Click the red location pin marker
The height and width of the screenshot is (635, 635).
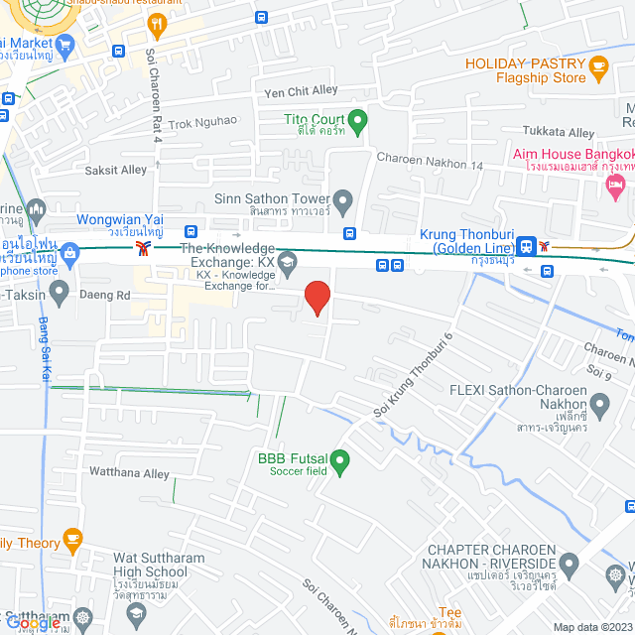pos(317,297)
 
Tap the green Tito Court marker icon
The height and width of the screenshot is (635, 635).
pos(358,122)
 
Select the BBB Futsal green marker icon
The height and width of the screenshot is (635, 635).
pos(340,461)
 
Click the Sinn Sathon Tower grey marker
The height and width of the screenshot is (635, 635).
pos(343,201)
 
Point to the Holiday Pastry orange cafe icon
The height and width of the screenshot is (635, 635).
pos(597,67)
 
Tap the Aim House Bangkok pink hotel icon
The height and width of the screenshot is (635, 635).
pos(616,184)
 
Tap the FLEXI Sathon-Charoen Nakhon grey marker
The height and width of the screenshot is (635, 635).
pos(599,404)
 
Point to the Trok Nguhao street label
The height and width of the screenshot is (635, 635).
pos(202,122)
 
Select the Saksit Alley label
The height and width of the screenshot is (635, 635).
pos(116,170)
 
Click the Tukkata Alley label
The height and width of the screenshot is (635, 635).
pos(566,133)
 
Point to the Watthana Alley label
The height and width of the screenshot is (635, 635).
pos(129,473)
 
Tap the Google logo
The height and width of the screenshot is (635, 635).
pos(38,624)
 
